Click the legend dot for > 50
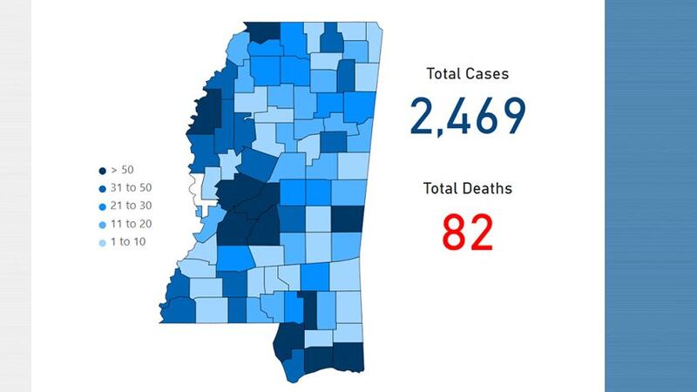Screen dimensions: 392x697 click(103, 171)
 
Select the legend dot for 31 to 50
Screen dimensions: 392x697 click(103, 188)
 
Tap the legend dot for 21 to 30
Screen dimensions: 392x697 click(103, 206)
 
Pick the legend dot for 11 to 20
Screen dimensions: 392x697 click(103, 223)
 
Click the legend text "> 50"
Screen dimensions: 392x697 click(123, 171)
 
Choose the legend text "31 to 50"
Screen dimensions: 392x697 click(131, 188)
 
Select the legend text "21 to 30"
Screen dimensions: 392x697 click(131, 206)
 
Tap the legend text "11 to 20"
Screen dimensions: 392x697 click(131, 223)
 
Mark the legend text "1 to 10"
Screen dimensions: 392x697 click(128, 240)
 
